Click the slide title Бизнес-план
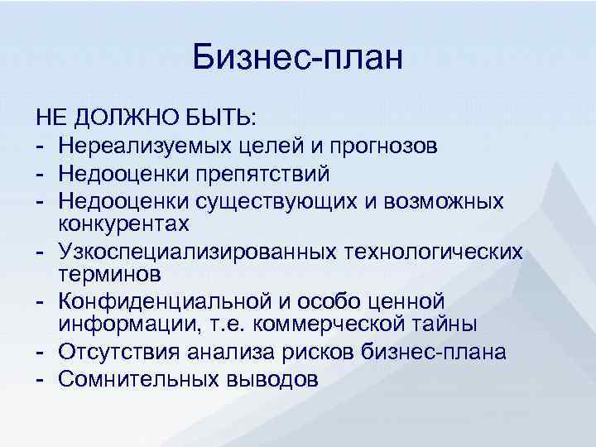click(297, 58)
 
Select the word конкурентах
click(124, 224)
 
